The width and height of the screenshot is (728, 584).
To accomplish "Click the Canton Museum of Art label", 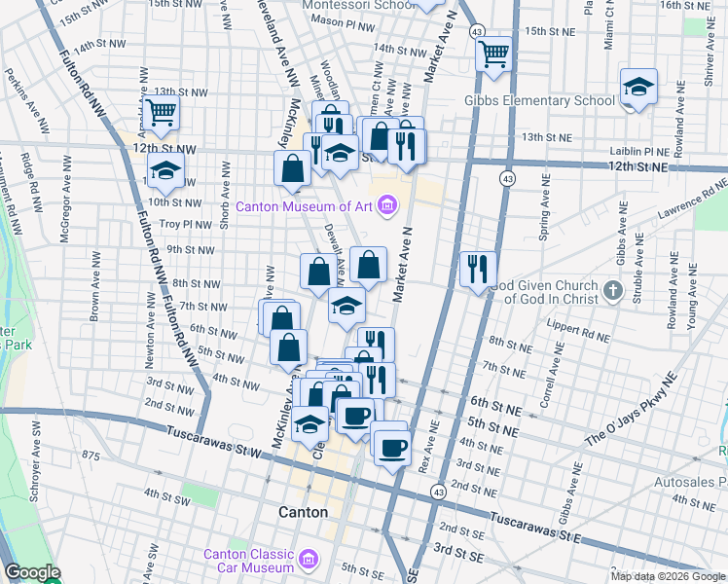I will (306, 205).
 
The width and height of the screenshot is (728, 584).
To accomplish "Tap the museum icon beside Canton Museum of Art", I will (387, 205).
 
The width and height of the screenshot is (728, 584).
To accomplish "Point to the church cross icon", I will (612, 289).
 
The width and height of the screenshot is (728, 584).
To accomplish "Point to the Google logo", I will (32, 573).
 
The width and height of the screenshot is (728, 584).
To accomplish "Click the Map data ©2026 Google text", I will (668, 576).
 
